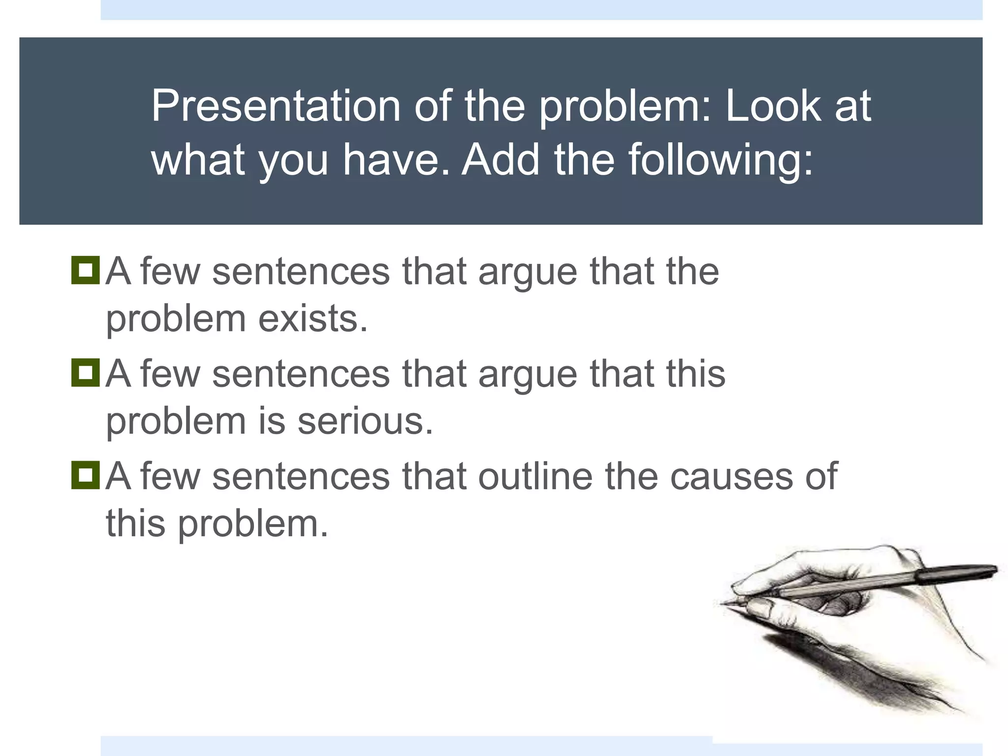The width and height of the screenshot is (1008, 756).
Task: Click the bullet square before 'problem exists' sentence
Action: click(x=85, y=270)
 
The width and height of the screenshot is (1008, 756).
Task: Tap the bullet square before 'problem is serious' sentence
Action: click(x=85, y=373)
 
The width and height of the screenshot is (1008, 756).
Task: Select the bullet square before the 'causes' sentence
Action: click(x=85, y=475)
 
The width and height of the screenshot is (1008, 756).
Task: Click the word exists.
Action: click(x=313, y=319)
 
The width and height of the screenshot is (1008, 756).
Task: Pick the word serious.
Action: click(x=365, y=421)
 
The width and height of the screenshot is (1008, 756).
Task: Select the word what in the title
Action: click(x=197, y=159)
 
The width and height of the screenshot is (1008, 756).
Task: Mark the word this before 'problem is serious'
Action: click(x=695, y=373)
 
